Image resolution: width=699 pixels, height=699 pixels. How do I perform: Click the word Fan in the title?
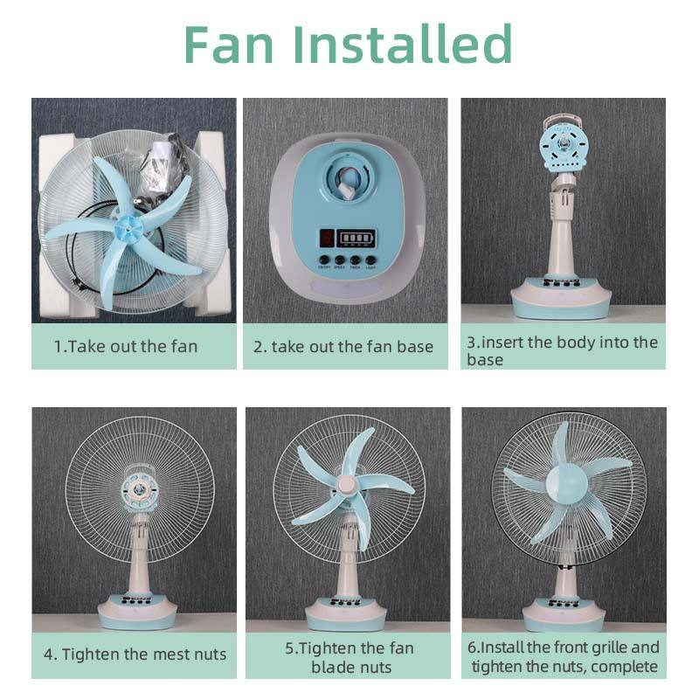pyautogui.click(x=228, y=44)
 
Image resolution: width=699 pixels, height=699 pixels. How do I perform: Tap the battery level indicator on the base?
pyautogui.click(x=356, y=238)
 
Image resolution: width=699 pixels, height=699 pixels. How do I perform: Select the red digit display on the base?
pyautogui.click(x=327, y=238)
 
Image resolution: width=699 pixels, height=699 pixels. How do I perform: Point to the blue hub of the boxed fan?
pyautogui.click(x=128, y=228)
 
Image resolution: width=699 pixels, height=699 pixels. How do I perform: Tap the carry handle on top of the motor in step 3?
pyautogui.click(x=564, y=121)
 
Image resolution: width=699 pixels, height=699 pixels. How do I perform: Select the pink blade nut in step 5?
pyautogui.click(x=347, y=484)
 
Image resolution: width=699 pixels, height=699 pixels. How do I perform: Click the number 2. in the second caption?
pyautogui.click(x=260, y=347)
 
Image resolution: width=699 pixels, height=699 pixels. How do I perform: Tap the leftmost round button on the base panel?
pyautogui.click(x=324, y=260)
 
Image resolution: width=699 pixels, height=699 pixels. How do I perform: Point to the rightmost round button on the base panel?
pyautogui.click(x=370, y=260)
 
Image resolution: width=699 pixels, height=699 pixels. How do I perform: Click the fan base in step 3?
pyautogui.click(x=561, y=298)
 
